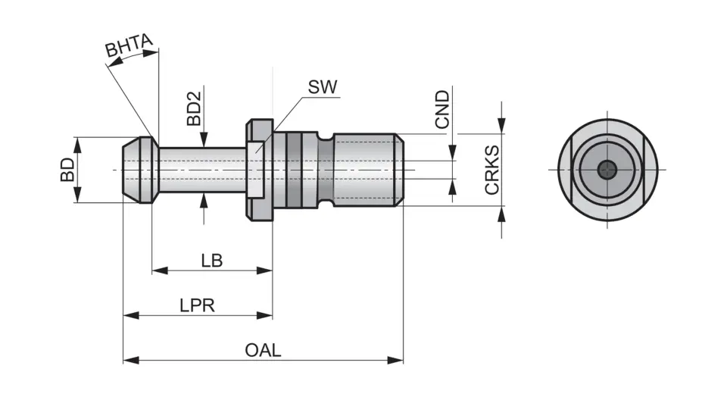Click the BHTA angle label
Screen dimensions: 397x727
[129, 48]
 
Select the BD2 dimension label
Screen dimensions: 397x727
[194, 109]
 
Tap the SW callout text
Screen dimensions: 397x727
[322, 86]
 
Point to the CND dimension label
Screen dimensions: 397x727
[442, 108]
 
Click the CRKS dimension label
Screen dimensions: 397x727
[492, 170]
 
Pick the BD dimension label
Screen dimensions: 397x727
[68, 170]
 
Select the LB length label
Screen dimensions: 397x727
[211, 260]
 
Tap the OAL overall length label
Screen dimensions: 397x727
[263, 349]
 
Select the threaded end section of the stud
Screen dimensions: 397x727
[367, 170]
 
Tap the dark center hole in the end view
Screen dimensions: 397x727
[607, 170]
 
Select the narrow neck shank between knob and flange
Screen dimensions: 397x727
[201, 170]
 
